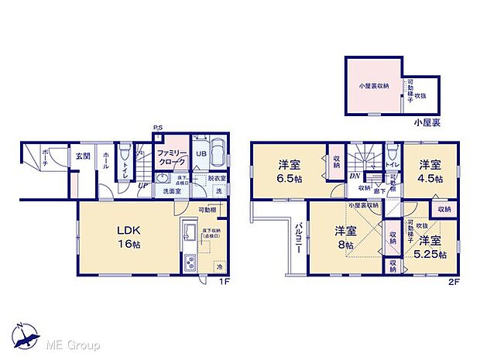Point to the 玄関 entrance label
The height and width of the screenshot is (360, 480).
82,156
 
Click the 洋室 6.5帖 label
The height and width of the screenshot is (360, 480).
289,171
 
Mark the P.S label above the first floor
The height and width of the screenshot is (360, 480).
158,128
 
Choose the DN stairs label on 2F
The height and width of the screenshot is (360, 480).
355,176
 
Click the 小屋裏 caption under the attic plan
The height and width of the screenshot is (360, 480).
425,122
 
